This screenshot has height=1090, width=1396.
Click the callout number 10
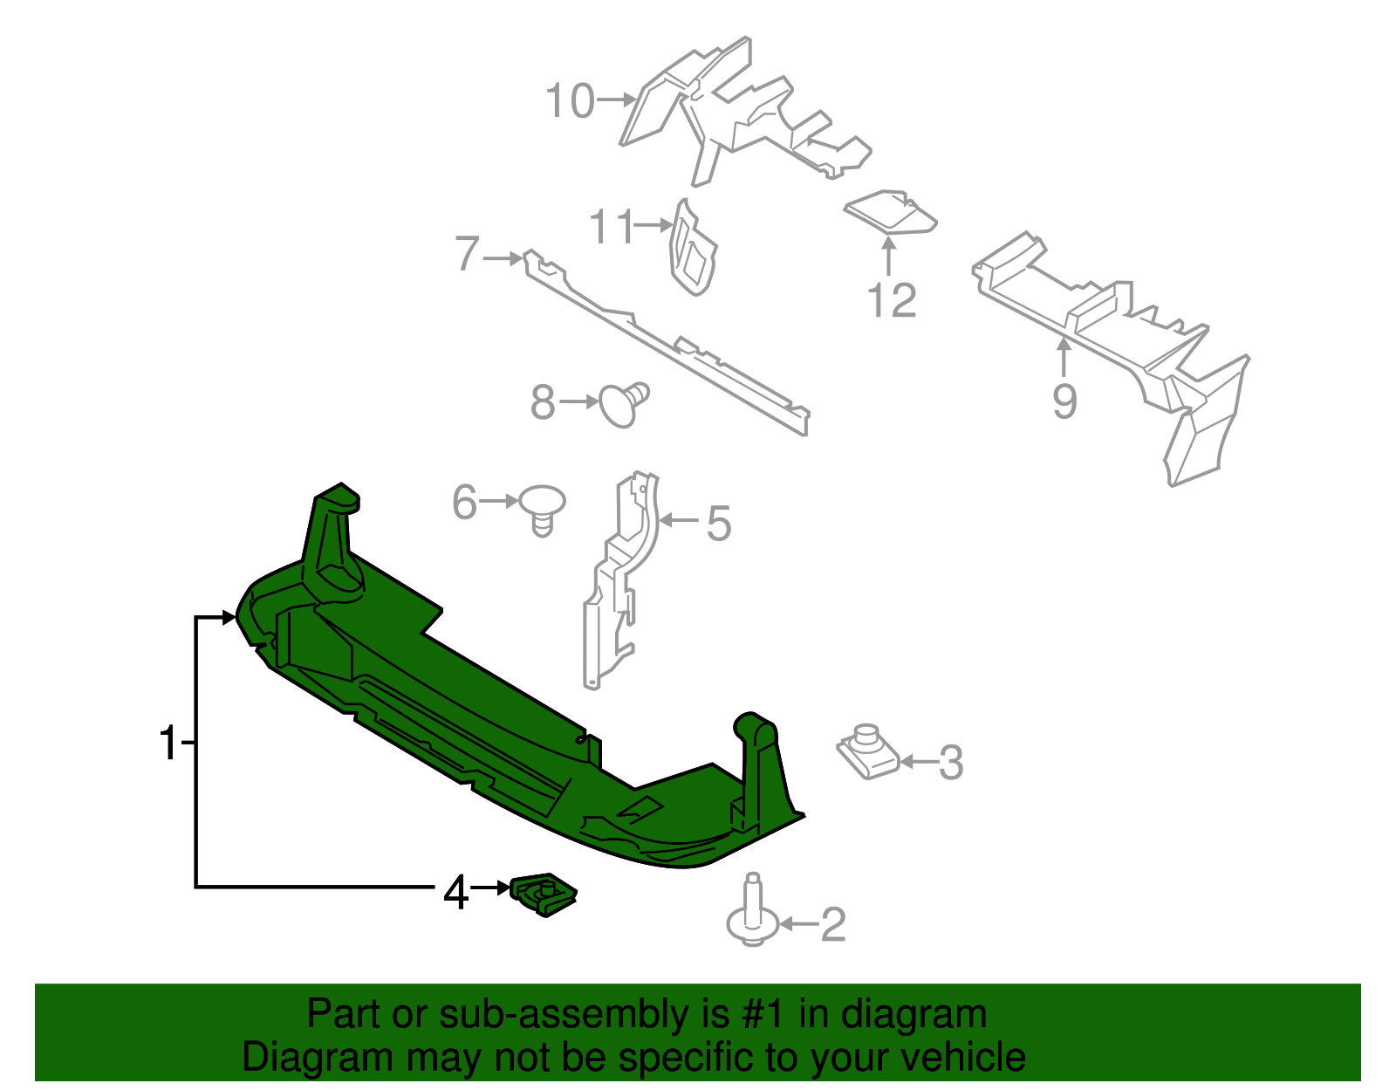point(570,101)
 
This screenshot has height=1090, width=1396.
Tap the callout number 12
point(892,301)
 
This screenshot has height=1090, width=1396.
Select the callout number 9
point(1064,401)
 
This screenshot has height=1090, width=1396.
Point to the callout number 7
point(468,255)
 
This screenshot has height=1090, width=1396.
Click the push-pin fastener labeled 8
point(621,405)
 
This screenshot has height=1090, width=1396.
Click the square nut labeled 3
point(867,753)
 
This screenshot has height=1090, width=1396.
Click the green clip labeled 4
point(543,895)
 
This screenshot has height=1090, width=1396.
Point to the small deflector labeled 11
point(692,249)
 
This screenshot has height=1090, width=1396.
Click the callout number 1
point(168,744)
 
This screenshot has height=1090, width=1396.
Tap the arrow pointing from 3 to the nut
point(916,762)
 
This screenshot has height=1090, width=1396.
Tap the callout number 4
point(456,893)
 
